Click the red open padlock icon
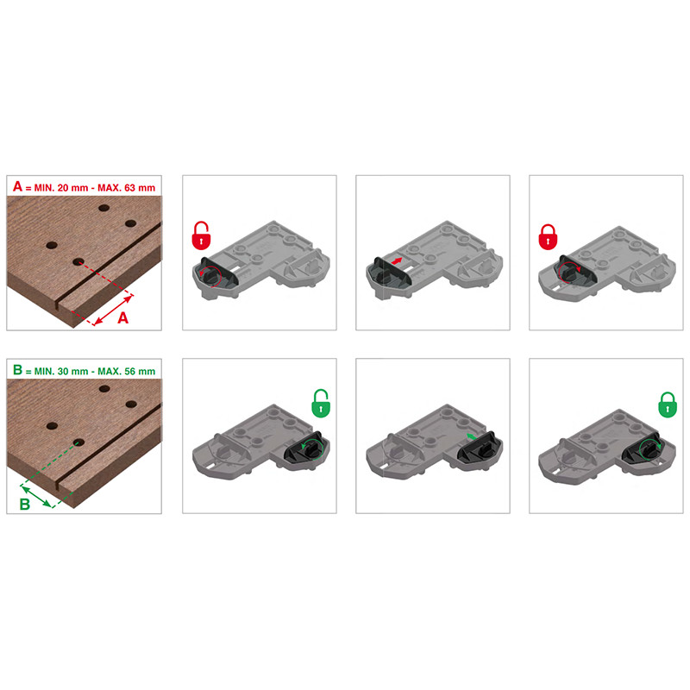[201, 235]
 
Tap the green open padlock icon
[320, 403]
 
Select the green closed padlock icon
[667, 405]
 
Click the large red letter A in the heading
[17, 186]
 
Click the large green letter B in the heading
[17, 370]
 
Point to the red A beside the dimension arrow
[122, 317]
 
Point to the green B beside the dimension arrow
[25, 505]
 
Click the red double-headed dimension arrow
[113, 310]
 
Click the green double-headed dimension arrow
[36, 496]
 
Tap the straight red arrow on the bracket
[397, 261]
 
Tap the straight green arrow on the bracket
[471, 436]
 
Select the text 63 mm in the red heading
[140, 188]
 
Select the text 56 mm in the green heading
[140, 372]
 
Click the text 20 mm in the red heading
[73, 188]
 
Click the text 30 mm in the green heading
[73, 372]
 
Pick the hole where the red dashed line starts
[78, 262]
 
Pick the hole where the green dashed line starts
[78, 442]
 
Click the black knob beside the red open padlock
[211, 275]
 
